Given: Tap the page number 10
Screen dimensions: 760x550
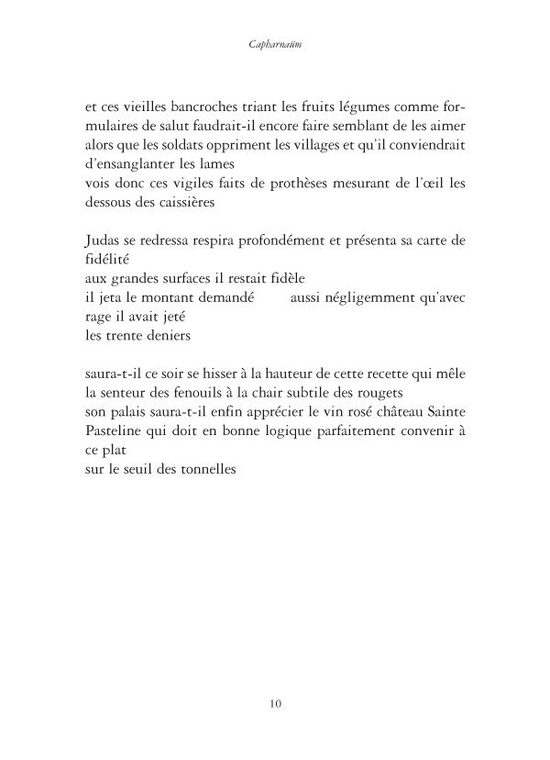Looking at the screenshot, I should (276, 704).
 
